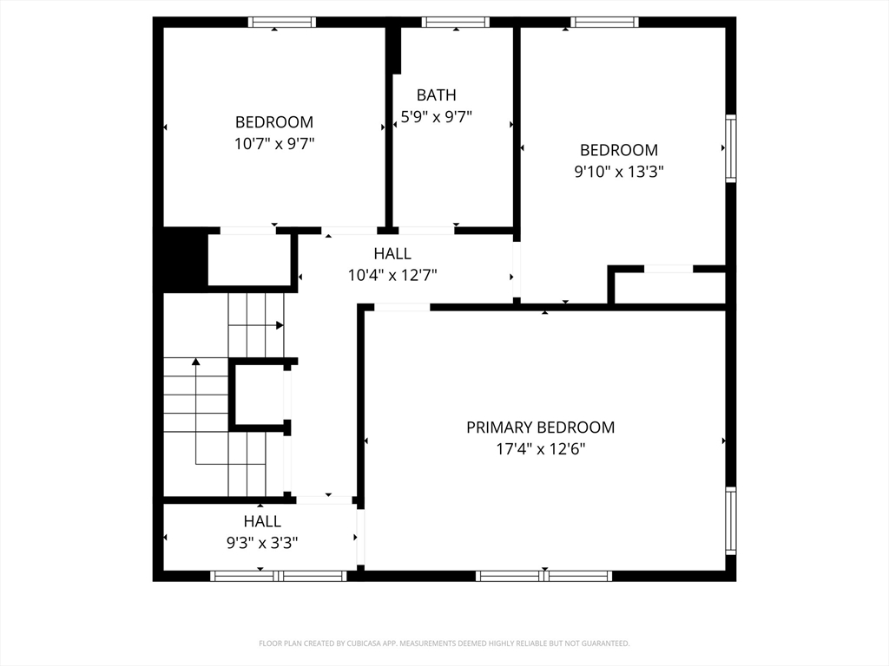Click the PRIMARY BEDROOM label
coord(540,427)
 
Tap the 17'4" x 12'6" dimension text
coord(540,449)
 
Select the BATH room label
coord(436,95)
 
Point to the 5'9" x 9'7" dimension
coord(436,117)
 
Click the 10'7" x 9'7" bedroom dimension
coord(274,143)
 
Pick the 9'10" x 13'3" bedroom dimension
coord(618,171)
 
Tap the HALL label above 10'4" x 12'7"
coord(392,253)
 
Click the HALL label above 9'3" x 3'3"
coord(262,521)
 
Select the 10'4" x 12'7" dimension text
coord(392,275)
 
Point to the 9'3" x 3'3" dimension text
coord(262,543)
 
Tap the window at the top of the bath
coord(455,22)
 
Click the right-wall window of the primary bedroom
coord(731,520)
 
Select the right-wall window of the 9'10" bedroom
coord(731,148)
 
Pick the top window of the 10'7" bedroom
coord(282,22)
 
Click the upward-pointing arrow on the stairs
coord(196,412)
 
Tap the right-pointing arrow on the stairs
coord(256,325)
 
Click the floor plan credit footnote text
coord(444,643)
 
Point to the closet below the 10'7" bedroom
coord(249,260)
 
